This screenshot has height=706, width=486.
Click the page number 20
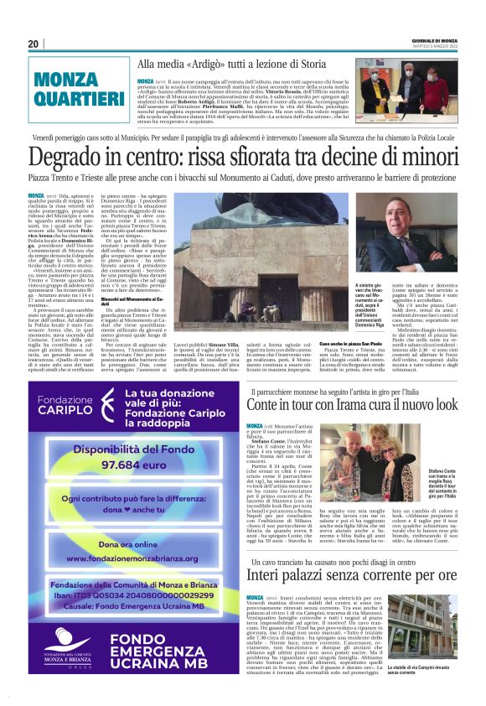(x=33, y=44)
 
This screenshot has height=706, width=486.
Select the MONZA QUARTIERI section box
(x=75, y=91)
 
